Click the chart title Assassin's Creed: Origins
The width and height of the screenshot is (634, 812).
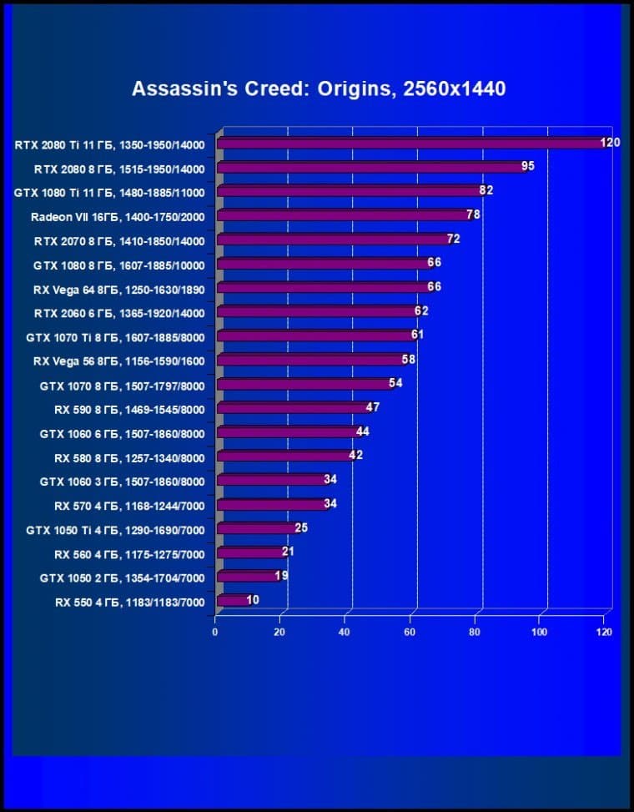coord(318,88)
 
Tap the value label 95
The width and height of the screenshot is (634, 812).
coord(527,166)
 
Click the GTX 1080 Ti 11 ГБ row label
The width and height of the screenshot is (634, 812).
coord(109,192)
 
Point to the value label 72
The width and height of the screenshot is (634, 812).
coord(453,239)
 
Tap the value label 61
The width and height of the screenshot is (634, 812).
coord(417,335)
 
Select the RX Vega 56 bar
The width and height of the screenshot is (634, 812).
coord(309,361)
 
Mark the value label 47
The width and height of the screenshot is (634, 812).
coord(373,407)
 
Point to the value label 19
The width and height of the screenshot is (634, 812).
coord(282,576)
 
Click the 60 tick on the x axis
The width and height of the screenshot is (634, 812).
coord(410,633)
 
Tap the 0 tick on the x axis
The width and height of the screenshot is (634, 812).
coord(215,633)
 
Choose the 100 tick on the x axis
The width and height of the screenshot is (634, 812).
coord(539,633)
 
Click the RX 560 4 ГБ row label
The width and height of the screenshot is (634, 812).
coord(129,553)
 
